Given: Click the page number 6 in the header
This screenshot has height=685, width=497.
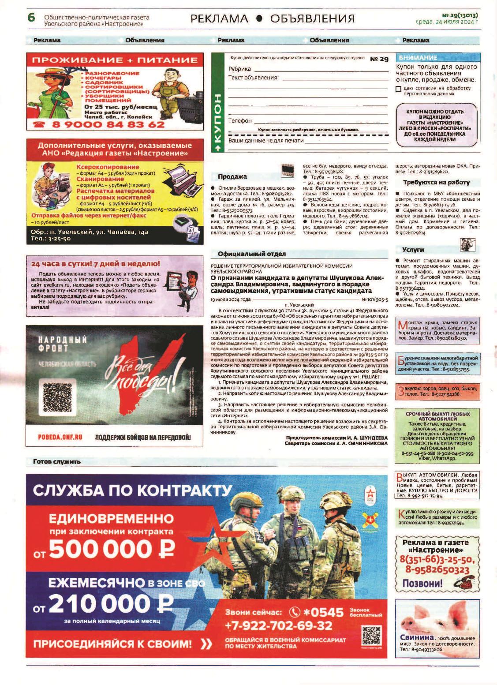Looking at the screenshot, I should (31, 18).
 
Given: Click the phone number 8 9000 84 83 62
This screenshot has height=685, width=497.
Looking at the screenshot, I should (108, 124).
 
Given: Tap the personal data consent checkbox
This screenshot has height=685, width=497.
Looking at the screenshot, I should (398, 89).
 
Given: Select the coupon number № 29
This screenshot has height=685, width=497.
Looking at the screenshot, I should (379, 59).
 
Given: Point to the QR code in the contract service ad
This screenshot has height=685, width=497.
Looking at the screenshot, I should (371, 636).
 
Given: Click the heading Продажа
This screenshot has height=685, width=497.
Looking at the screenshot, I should (232, 176).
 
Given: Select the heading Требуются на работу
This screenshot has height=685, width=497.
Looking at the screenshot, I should (436, 182).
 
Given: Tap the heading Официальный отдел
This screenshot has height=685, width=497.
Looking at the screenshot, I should (251, 254).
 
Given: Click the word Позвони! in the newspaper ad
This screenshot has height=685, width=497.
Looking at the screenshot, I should (422, 583).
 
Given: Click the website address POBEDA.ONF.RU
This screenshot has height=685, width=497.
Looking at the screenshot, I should (60, 437).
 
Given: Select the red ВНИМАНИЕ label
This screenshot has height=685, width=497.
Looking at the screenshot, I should (418, 58).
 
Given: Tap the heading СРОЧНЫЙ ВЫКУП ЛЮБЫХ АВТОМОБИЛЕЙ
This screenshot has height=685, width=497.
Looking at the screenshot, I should (437, 416).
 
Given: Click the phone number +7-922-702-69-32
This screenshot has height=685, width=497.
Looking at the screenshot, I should (278, 625).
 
